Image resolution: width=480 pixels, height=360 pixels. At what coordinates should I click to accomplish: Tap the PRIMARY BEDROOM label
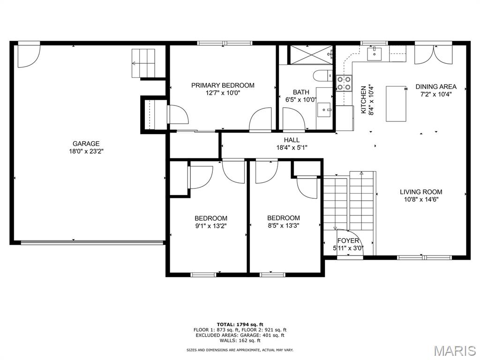click(x=223, y=85)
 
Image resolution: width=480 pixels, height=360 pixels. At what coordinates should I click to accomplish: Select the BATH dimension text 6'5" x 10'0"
click(x=301, y=99)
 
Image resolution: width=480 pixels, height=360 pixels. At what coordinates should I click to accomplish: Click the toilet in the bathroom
click(x=323, y=75)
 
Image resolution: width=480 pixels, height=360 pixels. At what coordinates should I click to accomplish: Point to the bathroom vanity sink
click(x=324, y=110)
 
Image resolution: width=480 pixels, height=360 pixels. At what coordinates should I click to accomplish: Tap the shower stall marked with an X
click(x=311, y=55)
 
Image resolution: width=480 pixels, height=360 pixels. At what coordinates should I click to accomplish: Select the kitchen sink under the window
click(x=375, y=53)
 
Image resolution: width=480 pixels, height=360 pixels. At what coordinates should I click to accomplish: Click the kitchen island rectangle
click(x=396, y=104)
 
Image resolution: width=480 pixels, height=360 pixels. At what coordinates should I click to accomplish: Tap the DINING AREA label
click(x=436, y=87)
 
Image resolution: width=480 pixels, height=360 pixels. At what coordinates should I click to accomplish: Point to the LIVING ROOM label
click(x=421, y=192)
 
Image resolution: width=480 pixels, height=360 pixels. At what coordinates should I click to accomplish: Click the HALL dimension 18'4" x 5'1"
click(x=292, y=148)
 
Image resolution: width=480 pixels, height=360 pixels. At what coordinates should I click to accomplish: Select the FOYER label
click(x=348, y=240)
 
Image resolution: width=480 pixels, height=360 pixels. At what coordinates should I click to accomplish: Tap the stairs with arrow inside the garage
click(x=143, y=63)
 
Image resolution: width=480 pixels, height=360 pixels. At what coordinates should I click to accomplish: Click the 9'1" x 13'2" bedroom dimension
click(x=211, y=226)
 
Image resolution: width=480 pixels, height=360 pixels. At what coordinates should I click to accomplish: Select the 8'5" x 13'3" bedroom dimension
click(x=284, y=225)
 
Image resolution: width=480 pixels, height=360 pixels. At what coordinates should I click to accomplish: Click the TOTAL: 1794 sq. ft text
click(x=240, y=324)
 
